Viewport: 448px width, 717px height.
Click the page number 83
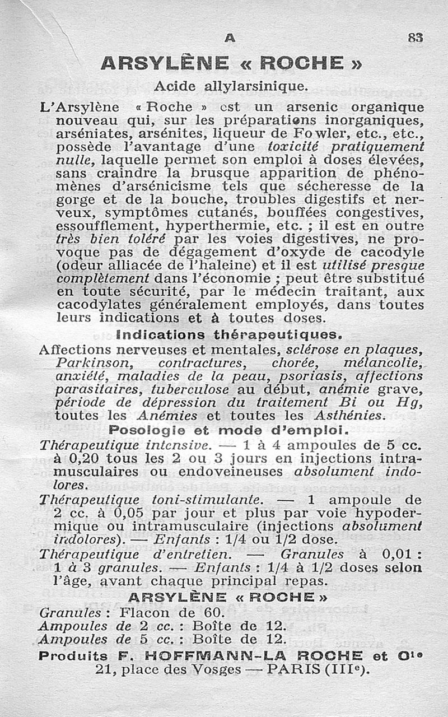pos(415,38)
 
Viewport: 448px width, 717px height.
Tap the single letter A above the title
pos(228,38)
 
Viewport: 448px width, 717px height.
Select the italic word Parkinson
pos(93,363)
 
